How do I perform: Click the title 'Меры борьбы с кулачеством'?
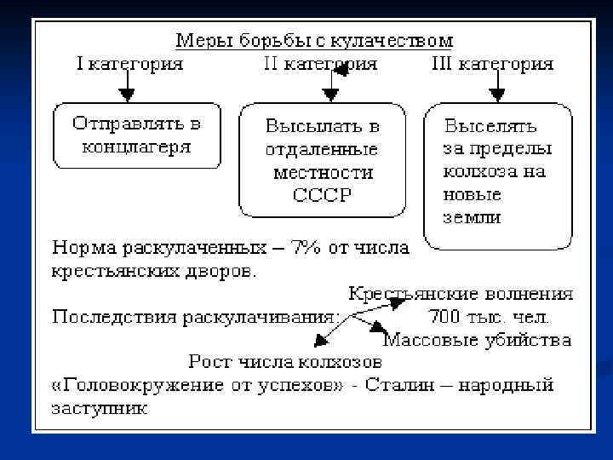click(313, 40)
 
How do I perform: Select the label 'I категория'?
click(129, 63)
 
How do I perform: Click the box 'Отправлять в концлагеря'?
click(136, 135)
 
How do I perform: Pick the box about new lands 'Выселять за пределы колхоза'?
click(497, 174)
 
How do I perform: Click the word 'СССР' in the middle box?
click(322, 195)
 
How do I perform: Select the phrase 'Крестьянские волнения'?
click(461, 294)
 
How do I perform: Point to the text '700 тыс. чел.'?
click(489, 317)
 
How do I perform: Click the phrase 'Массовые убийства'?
click(476, 340)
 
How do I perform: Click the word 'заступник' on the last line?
click(100, 408)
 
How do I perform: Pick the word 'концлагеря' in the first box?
click(136, 147)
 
